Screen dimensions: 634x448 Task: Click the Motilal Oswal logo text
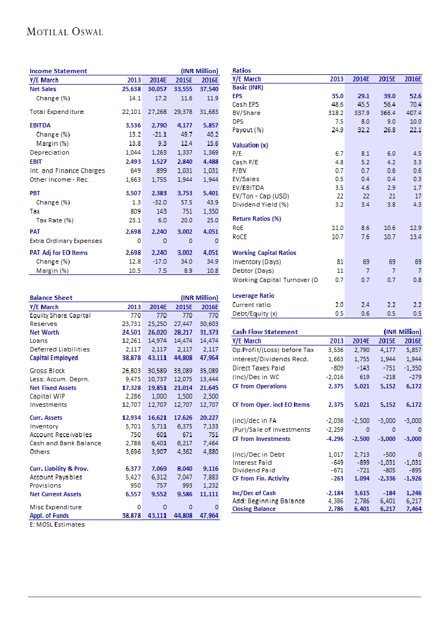click(x=65, y=32)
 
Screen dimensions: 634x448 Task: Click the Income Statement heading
click(x=58, y=71)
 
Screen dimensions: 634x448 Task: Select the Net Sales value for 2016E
click(x=209, y=89)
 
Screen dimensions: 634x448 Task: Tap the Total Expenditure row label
click(x=57, y=112)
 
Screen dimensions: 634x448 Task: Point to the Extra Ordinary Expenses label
click(x=66, y=241)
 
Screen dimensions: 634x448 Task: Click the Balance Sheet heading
click(x=51, y=298)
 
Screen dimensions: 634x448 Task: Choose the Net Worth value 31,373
click(x=209, y=332)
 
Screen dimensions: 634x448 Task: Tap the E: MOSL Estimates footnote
click(x=57, y=524)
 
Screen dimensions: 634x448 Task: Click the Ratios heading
click(x=241, y=71)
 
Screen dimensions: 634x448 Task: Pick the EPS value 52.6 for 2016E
click(x=414, y=96)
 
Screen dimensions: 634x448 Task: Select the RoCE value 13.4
click(x=414, y=237)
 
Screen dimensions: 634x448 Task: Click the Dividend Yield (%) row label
click(x=260, y=204)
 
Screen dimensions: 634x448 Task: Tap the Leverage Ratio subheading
click(x=253, y=296)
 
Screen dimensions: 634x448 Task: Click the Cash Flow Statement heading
click(x=265, y=332)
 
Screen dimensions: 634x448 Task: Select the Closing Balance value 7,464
click(x=413, y=509)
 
